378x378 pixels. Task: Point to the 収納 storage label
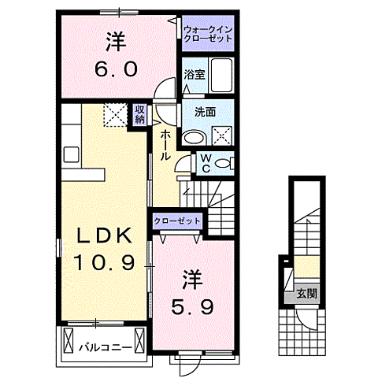pyautogui.click(x=139, y=115)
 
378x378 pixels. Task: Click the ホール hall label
pyautogui.click(x=165, y=146)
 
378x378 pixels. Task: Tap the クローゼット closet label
pyautogui.click(x=177, y=222)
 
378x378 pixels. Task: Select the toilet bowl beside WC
pyautogui.click(x=224, y=163)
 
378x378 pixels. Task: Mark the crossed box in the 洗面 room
pyautogui.click(x=220, y=134)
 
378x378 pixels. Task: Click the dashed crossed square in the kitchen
pyautogui.click(x=116, y=116)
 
